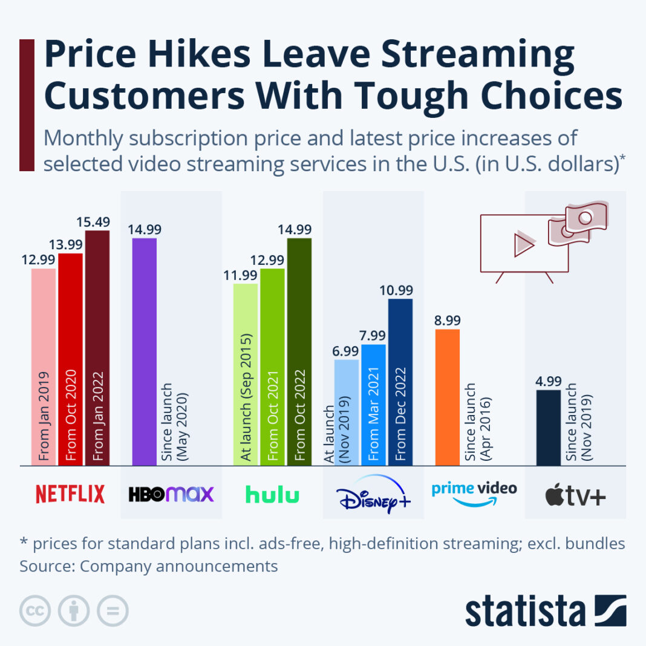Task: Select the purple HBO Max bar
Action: coord(144,351)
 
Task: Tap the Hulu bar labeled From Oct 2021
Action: coord(272,367)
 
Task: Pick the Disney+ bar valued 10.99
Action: coord(400,382)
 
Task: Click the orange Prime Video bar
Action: coord(447,397)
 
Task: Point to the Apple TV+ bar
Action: coord(549,427)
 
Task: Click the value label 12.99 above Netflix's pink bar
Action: coord(43,259)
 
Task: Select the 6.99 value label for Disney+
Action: coord(346,351)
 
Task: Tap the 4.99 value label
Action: coord(549,382)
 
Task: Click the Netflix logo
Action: coord(70,494)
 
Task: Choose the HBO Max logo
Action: coord(171,494)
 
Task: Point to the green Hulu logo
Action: coord(272,494)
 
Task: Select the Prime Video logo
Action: coord(474,493)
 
